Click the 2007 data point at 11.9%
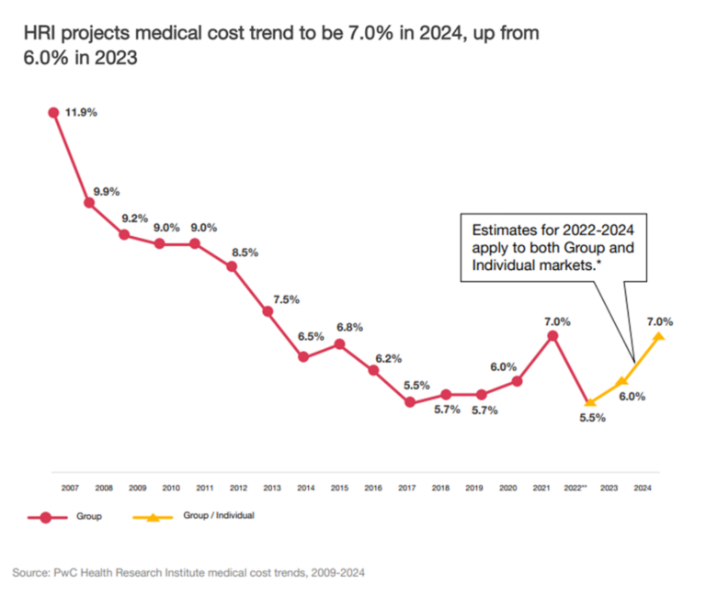(54, 112)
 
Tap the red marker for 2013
(268, 311)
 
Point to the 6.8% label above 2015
(348, 327)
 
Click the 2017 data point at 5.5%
(410, 401)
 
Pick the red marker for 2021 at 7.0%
(552, 336)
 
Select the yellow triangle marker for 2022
(588, 401)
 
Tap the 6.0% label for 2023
(632, 398)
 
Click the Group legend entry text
(90, 516)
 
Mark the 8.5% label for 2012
(244, 251)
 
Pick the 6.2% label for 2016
(386, 358)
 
